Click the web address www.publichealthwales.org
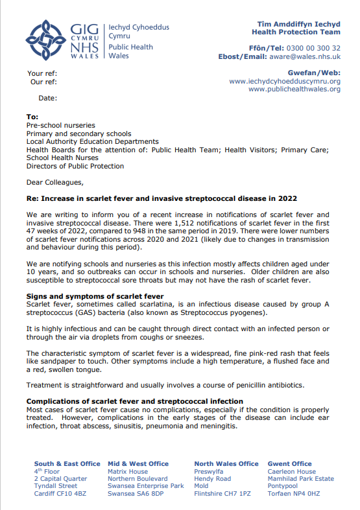pyautogui.click(x=294, y=89)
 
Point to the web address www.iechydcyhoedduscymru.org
pyautogui.click(x=285, y=81)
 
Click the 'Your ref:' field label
pyautogui.click(x=42, y=73)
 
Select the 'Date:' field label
pyautogui.click(x=47, y=99)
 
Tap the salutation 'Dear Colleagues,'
pyautogui.click(x=55, y=183)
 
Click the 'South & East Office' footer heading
pyautogui.click(x=67, y=464)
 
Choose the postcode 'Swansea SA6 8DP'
pyautogui.click(x=136, y=494)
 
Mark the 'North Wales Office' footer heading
pyautogui.click(x=226, y=464)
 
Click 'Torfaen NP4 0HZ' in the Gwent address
pyautogui.click(x=294, y=494)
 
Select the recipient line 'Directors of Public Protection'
pyautogui.click(x=75, y=166)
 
